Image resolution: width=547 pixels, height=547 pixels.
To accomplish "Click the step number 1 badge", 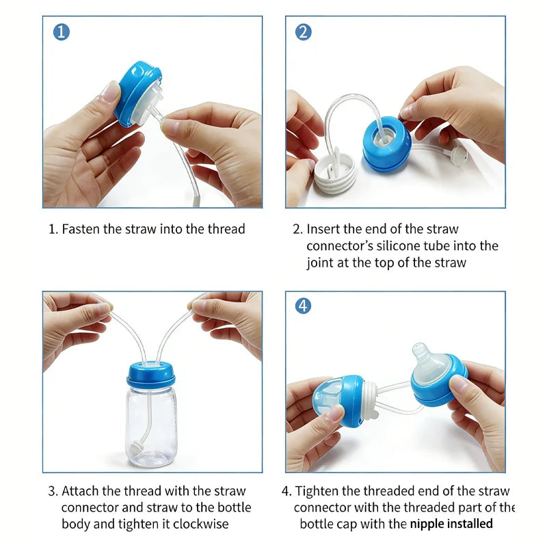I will coord(62,31).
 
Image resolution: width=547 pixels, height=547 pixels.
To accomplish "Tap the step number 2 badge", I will coord(304,31).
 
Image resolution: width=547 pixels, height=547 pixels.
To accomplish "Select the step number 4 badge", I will coord(304,306).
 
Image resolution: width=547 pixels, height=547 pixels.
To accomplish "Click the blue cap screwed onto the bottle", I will coord(150,375).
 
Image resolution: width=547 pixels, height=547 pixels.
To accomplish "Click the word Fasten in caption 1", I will coord(81,229).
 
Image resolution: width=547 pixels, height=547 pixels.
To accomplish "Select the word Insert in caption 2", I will coord(323,229).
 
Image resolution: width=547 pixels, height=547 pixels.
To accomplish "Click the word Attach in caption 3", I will coord(80,491).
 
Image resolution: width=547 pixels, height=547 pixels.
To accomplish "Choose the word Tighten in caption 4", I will coord(318,491).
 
